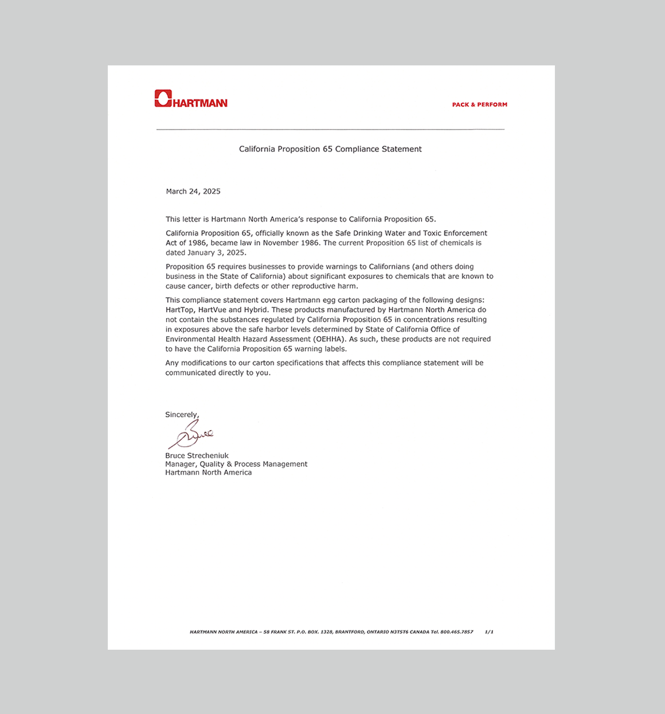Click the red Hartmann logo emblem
pos(163,99)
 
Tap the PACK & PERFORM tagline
pos(479,104)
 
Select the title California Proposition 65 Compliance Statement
pos(330,149)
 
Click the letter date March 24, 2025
pos(193,192)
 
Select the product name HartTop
pos(179,310)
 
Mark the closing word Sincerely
pos(182,415)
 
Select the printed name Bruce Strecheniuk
pos(197,456)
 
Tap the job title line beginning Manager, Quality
pos(236,464)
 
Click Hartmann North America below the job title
pos(208,473)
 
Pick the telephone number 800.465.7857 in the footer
pos(456,632)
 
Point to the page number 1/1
pos(488,632)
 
